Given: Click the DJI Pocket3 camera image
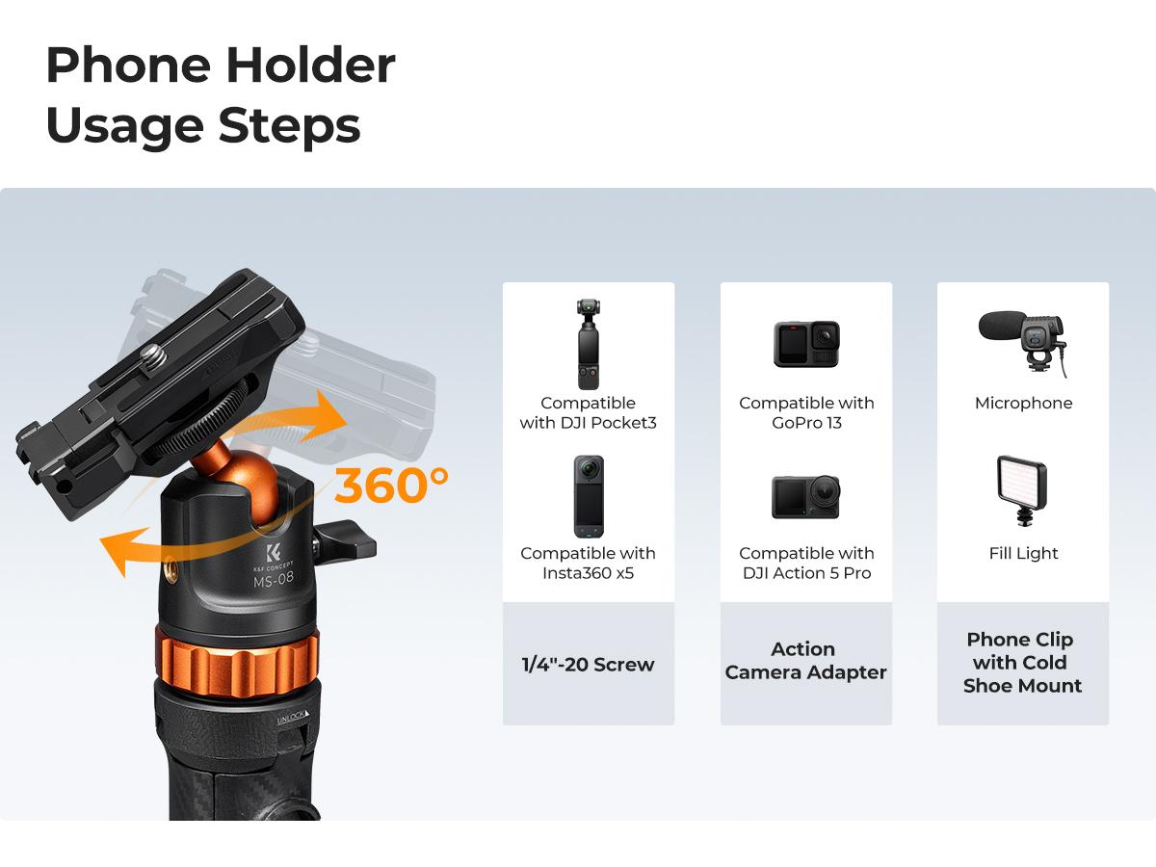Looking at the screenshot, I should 588,344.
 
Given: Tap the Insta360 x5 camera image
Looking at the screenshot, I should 588,496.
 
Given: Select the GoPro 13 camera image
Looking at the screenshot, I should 806,344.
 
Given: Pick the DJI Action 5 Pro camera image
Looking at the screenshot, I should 806,496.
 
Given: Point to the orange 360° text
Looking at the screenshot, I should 391,486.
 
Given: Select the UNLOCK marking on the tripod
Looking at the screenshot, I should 291,718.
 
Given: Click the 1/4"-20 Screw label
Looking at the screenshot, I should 588,664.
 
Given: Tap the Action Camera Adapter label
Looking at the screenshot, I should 805,661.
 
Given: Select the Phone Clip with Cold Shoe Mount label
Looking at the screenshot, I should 1022,663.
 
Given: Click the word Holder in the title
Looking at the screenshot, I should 311,66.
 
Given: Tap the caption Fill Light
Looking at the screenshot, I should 1023,553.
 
